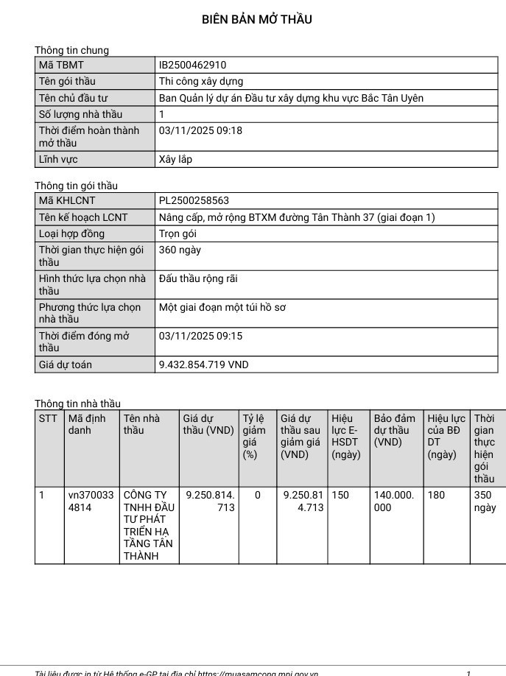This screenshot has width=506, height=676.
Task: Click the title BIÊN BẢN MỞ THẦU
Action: [x=256, y=20]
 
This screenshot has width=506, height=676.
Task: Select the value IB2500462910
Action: [x=192, y=65]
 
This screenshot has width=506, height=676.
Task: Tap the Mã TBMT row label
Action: [x=61, y=65]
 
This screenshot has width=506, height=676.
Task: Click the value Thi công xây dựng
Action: [x=201, y=81]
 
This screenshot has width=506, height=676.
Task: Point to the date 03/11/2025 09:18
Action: [x=200, y=130]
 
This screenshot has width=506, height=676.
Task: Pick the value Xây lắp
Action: [x=175, y=159]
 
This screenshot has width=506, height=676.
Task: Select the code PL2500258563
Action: [x=194, y=200]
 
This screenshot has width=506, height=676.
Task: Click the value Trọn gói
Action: [x=178, y=233]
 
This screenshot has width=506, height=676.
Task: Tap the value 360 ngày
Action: [x=180, y=250]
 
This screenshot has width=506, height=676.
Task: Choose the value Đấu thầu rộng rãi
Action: [x=198, y=279]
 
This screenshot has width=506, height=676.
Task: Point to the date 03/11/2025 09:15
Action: [x=200, y=336]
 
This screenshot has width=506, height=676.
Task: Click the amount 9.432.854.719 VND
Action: [x=204, y=365]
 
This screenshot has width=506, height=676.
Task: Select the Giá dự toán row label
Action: [x=66, y=365]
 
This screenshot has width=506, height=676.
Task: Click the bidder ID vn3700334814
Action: [x=91, y=501]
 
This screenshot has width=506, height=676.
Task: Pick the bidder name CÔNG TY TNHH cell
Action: [x=149, y=525]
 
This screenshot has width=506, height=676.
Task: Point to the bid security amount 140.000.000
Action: [x=394, y=501]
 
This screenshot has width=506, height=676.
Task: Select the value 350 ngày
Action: [x=485, y=501]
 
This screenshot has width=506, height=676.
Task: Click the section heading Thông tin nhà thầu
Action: [x=77, y=404]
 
